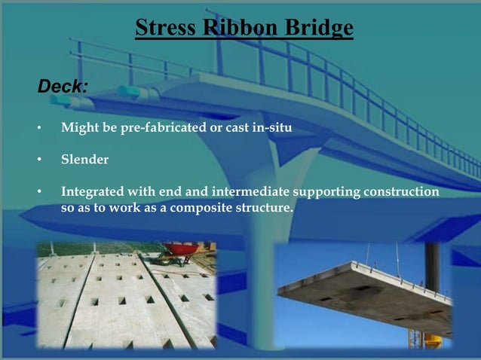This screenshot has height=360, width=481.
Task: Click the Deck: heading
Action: point(63,86)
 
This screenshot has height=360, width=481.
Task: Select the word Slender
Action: point(84,160)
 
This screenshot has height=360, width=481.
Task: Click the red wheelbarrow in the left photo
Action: point(181,249)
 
